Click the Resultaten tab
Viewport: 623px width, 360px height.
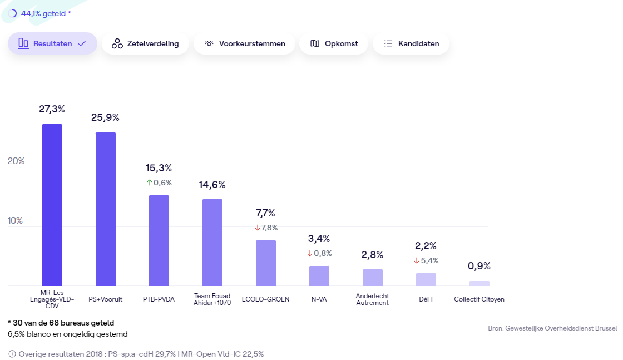tap(52, 43)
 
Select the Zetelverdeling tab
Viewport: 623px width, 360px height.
tap(145, 43)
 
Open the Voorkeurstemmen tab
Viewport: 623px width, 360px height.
tap(245, 43)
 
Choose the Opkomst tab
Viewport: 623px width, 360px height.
tap(334, 43)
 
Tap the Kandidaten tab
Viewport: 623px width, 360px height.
tap(411, 43)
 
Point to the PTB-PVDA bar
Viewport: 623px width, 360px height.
tap(159, 240)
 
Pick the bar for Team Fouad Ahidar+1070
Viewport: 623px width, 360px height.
tap(212, 243)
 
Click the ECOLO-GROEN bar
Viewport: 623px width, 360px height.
tap(266, 263)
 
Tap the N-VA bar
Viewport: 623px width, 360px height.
tap(319, 276)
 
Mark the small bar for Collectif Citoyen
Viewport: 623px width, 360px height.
tap(479, 283)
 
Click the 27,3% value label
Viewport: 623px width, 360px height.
tap(52, 109)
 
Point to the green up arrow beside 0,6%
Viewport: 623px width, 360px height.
tap(150, 183)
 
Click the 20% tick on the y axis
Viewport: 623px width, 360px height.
tap(16, 161)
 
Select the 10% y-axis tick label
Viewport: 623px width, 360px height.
tap(16, 221)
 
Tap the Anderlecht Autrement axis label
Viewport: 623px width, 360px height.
tap(373, 299)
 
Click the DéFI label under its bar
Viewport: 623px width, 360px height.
tap(426, 299)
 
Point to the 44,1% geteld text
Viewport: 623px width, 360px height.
tap(46, 13)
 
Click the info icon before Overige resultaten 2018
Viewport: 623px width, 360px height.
tap(12, 354)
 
